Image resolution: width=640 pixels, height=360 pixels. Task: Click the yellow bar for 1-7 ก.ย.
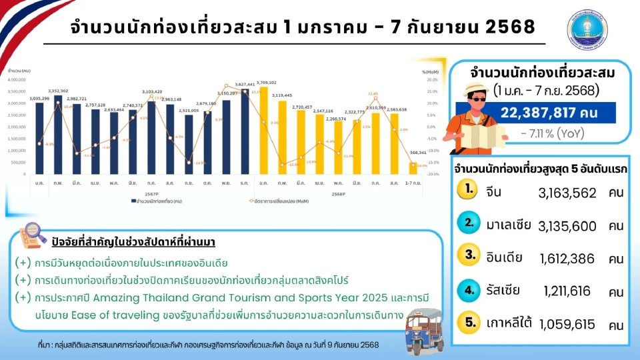pos(413,168)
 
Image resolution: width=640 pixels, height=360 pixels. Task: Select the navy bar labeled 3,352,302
pos(58,134)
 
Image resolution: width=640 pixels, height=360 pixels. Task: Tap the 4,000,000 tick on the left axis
pos(16,79)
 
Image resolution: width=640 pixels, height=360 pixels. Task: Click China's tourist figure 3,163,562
pos(567,193)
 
